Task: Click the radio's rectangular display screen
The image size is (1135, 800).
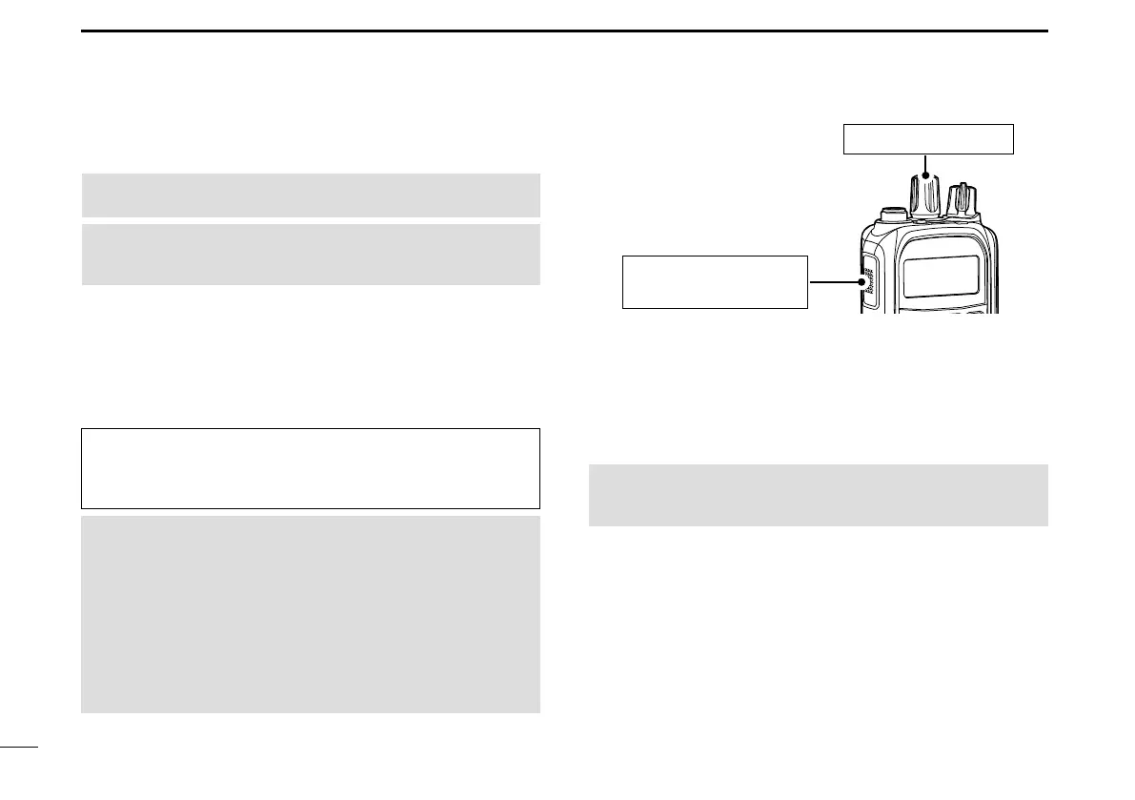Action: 941,276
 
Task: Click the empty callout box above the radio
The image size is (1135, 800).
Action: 928,139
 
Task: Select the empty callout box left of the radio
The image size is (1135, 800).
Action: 715,281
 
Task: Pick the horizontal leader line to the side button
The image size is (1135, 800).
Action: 834,282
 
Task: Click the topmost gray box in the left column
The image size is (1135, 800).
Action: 311,195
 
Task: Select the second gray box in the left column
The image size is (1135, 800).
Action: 311,255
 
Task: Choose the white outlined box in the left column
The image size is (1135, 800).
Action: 311,468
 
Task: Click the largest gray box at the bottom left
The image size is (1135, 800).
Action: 311,615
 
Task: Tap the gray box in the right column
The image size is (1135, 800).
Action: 818,495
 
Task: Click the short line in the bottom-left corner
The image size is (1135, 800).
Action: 19,748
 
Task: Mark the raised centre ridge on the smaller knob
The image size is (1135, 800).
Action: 962,198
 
